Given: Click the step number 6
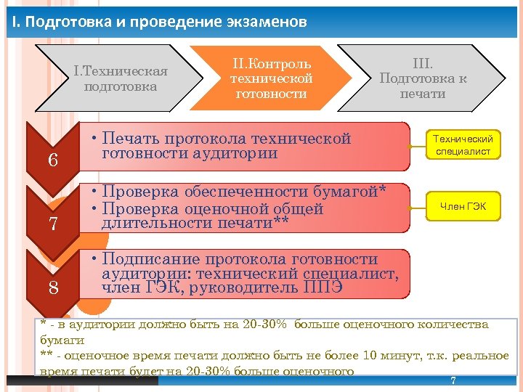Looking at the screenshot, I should (x=53, y=160).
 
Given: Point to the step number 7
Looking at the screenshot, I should (x=53, y=224).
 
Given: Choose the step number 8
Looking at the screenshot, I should (x=53, y=287).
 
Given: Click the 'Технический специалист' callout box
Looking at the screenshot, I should (x=463, y=145).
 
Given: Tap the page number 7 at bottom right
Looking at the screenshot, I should (x=453, y=381).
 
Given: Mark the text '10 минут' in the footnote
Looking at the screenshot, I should (x=395, y=354).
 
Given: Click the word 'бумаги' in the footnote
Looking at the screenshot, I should (x=62, y=340).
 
